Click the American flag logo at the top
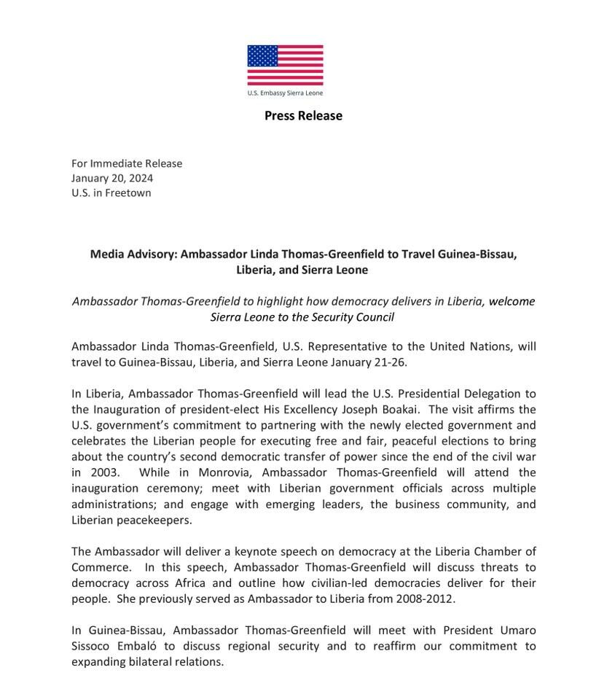(285, 66)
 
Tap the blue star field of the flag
(262, 56)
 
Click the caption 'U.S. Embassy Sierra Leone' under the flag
(285, 93)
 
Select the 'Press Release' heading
(303, 115)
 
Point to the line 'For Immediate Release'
(127, 163)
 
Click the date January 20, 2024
(112, 178)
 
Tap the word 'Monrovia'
(219, 472)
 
